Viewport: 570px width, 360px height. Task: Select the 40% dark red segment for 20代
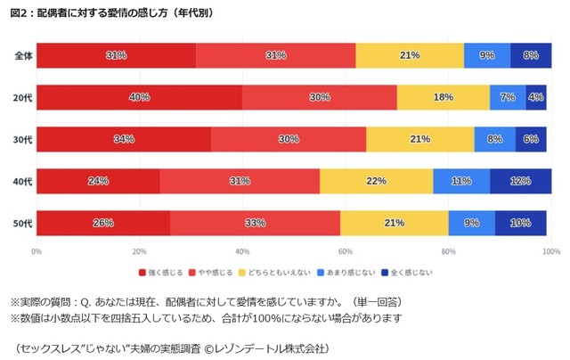[139, 97]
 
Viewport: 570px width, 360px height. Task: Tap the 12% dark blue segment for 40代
[520, 181]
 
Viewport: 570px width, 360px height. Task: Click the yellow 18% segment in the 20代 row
[444, 97]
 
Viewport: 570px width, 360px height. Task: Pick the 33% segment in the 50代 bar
[255, 223]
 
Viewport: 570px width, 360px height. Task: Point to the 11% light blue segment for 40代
[461, 181]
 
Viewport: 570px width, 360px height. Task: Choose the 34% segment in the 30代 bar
[124, 139]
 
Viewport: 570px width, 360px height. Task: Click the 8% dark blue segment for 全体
[531, 55]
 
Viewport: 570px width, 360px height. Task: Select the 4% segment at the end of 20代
[536, 97]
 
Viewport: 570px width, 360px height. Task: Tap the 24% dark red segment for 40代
[98, 181]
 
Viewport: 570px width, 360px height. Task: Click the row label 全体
[23, 55]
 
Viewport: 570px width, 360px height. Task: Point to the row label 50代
[23, 223]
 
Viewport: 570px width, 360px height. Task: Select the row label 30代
[23, 139]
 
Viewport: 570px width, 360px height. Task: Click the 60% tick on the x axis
[346, 250]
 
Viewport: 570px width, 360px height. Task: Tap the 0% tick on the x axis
[37, 250]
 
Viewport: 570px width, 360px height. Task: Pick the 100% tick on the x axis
[550, 250]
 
